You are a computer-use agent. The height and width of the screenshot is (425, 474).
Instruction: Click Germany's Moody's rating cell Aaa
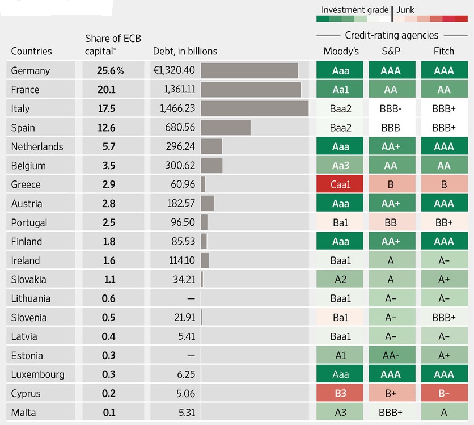[x=341, y=71]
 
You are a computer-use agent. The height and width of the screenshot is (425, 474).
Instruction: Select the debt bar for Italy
[x=255, y=108]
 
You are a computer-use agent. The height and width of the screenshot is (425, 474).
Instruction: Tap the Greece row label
[x=26, y=184]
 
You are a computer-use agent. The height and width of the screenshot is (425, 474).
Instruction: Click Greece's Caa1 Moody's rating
[x=341, y=184]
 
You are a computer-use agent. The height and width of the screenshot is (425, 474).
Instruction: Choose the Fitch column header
[x=443, y=51]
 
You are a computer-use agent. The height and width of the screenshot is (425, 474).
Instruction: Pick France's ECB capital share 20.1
[x=107, y=90]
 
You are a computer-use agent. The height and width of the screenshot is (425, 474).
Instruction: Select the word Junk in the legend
[x=405, y=10]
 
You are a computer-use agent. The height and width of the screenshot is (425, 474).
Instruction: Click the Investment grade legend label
[x=355, y=10]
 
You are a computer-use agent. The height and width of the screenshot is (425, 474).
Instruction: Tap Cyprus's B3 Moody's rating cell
[x=341, y=393]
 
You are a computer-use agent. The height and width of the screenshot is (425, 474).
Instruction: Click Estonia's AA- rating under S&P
[x=391, y=356]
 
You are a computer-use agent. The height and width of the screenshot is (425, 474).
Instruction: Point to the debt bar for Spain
[x=226, y=128]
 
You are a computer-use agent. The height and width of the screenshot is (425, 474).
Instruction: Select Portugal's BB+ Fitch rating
[x=444, y=222]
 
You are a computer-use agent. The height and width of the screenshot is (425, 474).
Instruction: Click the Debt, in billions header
[x=185, y=51]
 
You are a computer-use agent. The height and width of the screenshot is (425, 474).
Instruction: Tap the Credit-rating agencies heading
[x=391, y=35]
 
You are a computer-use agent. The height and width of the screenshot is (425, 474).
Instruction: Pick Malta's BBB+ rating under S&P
[x=391, y=413]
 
